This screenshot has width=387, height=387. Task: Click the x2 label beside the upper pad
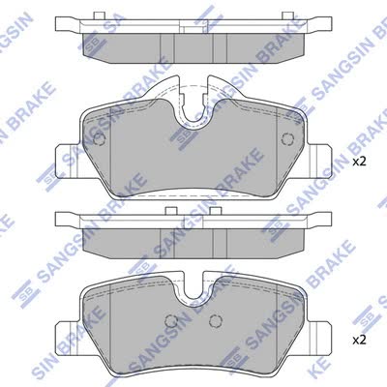359,162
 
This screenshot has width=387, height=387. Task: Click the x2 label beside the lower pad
359,340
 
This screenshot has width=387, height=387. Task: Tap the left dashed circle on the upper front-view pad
99,139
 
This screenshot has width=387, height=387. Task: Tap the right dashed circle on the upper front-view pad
287,139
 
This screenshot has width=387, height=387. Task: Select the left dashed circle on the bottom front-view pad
171,320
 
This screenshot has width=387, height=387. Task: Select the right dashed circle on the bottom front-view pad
215,320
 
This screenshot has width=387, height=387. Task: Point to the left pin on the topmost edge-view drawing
99,15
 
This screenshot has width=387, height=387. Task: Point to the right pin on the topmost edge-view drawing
287,15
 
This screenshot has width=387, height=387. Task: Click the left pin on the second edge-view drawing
171,211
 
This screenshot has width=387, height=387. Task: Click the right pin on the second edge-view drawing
215,211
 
